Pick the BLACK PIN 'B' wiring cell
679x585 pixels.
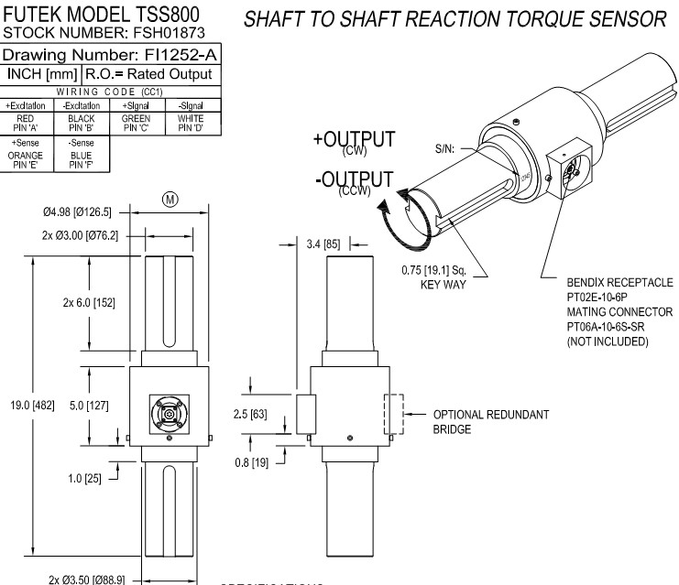(x=82, y=122)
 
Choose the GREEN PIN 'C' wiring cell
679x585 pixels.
(x=136, y=122)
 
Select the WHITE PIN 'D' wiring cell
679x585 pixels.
(x=189, y=122)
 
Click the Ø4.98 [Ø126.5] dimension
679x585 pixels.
(x=76, y=212)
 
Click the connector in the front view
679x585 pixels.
(x=170, y=415)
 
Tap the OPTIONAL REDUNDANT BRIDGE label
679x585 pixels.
(x=490, y=420)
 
